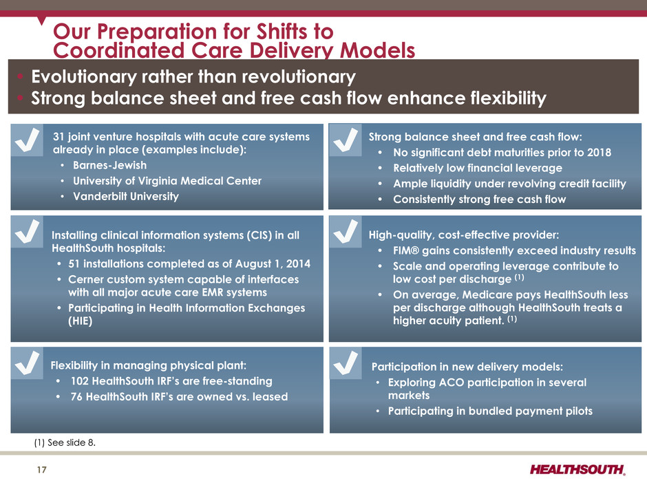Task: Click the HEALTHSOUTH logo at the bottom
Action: coord(577,469)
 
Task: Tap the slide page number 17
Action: coord(42,470)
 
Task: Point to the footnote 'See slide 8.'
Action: coord(72,442)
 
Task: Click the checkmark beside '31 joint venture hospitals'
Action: coord(28,140)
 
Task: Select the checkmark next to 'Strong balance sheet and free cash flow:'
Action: coord(346,140)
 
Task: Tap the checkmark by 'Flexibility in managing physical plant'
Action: coord(28,363)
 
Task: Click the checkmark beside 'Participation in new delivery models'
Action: coord(346,363)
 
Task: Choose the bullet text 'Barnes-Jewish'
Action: coord(109,165)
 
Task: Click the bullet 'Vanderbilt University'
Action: coord(126,196)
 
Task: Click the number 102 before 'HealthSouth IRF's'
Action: coord(80,381)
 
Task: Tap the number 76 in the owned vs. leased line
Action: coord(77,397)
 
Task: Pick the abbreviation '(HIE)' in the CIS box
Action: coord(80,321)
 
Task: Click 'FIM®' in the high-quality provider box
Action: coord(405,250)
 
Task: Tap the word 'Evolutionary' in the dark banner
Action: coord(84,77)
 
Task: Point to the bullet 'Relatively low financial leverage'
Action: coord(478,169)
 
